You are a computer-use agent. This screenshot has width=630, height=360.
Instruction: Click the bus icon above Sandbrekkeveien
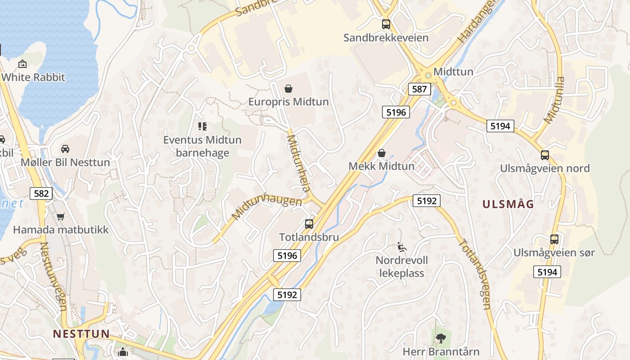coord(386,24)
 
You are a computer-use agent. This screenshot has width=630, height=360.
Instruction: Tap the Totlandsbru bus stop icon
coord(309,224)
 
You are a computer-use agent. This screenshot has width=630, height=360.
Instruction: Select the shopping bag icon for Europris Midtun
coord(288,89)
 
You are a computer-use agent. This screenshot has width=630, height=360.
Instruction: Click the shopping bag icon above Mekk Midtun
coord(382,153)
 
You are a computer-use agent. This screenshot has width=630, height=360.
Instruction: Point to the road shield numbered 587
coord(419,89)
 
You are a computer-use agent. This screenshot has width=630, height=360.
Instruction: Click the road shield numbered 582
coord(41,193)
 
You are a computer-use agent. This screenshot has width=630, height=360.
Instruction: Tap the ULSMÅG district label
coord(508,204)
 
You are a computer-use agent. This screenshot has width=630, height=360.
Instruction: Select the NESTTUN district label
coord(81,333)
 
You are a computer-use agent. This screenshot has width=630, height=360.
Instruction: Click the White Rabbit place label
coord(33,77)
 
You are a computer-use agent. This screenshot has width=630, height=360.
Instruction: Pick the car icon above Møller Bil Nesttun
coord(65,149)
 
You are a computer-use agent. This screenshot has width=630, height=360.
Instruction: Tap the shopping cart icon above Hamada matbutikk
coord(61,216)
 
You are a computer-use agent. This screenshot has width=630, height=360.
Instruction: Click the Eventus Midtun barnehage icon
coord(202,126)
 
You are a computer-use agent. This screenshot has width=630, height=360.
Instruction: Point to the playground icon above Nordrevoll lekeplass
coord(402,247)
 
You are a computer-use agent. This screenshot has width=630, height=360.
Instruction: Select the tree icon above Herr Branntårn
coord(441,337)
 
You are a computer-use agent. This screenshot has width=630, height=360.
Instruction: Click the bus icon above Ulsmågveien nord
coord(545,155)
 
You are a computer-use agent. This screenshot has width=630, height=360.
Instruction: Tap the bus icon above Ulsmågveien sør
coord(554,239)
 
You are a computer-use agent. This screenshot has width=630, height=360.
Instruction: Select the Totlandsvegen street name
coord(474,274)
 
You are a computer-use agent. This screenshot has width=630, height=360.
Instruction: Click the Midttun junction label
coord(453,72)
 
